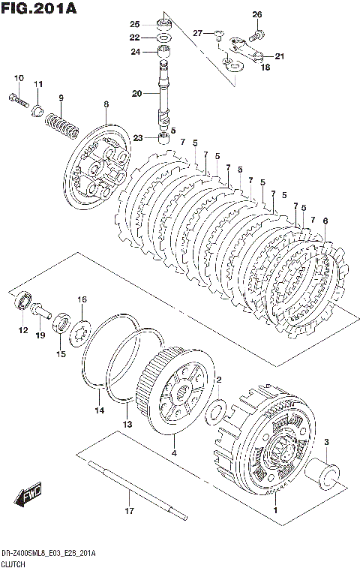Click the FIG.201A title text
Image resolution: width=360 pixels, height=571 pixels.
pos(39,8)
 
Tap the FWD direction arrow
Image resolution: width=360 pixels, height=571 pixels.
pos(28,495)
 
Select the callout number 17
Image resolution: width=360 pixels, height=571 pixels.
pos(129,511)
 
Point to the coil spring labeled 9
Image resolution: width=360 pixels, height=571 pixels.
pos(62,125)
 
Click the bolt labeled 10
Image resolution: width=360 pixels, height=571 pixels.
pos(18,101)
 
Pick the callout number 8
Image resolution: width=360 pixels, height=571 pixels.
pos(106,104)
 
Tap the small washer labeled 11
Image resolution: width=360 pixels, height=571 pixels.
pos(37,110)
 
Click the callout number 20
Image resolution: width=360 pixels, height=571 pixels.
pos(136,94)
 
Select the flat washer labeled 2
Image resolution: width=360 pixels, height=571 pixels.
pos(215,412)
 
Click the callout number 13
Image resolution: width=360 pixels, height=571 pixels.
pos(127,424)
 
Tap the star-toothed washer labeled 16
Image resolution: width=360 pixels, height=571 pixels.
pos(80,333)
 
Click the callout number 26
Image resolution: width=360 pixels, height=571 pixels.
pos(257,14)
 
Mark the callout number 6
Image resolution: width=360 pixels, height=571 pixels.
pos(325,221)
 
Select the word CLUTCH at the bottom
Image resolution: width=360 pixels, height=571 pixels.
pos(13,564)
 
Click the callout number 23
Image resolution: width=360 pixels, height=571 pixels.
pos(138,138)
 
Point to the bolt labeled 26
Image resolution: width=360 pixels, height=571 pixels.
pos(257,36)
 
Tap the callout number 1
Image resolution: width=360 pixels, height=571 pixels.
pos(275,510)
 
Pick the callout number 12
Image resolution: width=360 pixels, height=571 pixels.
pos(23,330)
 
